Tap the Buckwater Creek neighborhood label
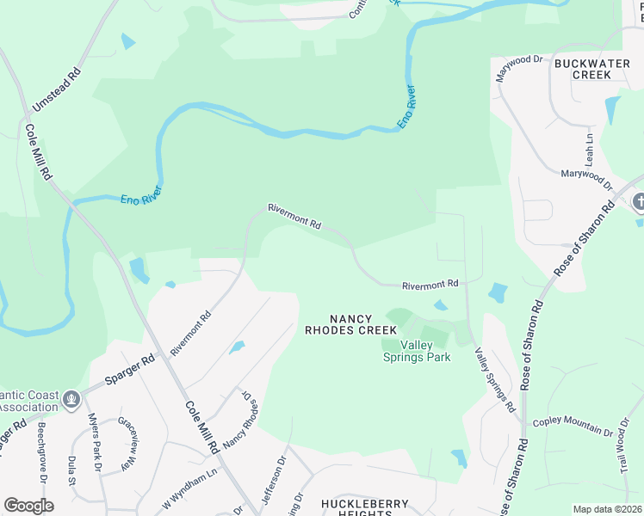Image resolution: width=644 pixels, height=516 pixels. [594, 69]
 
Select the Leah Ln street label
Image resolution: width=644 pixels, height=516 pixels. [590, 149]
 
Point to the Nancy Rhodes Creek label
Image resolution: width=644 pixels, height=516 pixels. [350, 324]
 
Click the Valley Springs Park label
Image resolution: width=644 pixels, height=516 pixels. [417, 351]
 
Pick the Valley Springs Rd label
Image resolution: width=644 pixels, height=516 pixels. [495, 378]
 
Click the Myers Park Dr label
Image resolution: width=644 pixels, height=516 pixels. [95, 444]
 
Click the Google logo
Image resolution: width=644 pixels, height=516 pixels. [28, 506]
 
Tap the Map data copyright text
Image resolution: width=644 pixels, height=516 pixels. [608, 509]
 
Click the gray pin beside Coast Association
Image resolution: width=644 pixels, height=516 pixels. [71, 399]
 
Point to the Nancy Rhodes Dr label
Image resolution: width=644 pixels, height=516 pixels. [240, 422]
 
